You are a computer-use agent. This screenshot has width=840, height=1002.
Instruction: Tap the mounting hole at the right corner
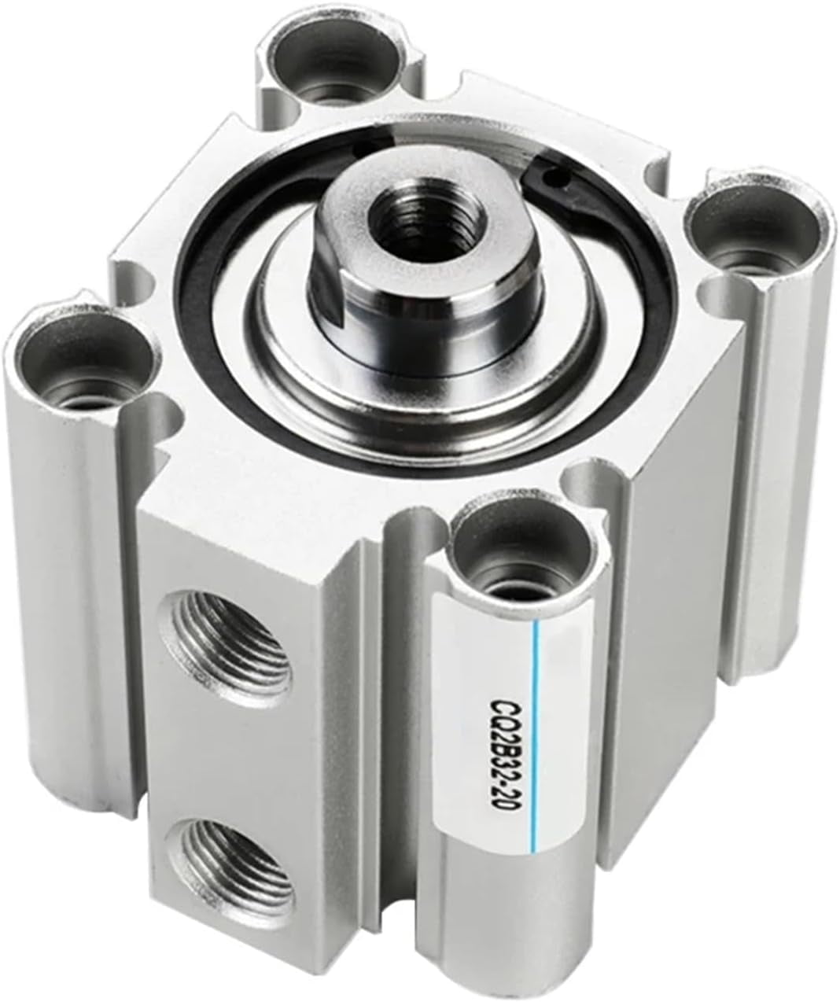tap(753, 228)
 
